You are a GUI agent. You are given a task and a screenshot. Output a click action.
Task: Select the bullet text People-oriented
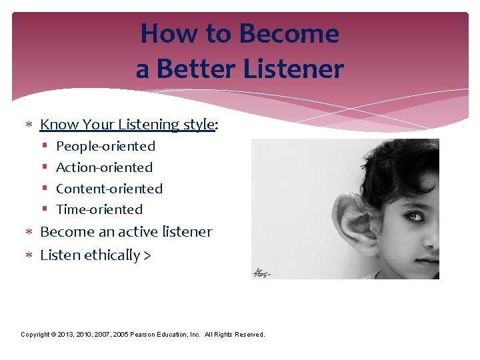[105, 146]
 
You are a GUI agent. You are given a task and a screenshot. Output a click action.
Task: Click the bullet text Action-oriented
[104, 167]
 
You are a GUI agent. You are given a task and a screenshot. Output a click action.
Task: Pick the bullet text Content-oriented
[109, 189]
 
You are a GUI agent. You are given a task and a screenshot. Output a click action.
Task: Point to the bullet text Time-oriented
[99, 209]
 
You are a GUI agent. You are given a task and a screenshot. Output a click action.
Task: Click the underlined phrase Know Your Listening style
[127, 125]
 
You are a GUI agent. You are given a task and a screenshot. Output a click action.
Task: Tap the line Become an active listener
[126, 232]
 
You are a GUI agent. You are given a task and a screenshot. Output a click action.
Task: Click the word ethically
[112, 255]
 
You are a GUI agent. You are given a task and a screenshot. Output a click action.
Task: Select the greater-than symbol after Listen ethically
[147, 255]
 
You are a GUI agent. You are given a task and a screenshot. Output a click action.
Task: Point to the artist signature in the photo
[262, 273]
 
